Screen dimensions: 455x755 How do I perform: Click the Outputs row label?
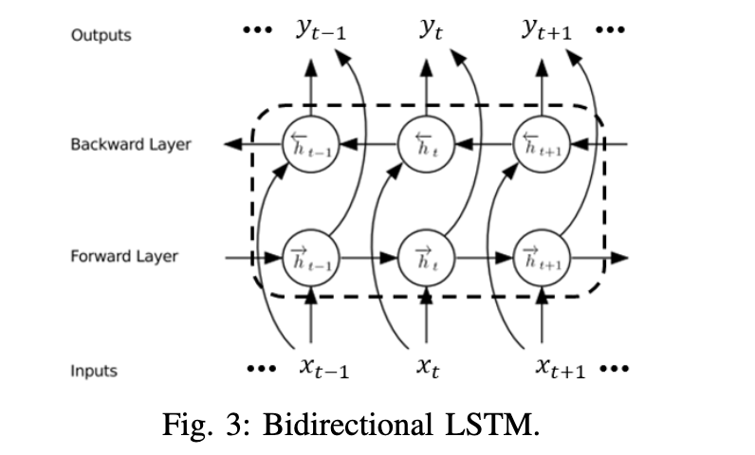[101, 35]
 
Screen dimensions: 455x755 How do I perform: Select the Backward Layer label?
[130, 145]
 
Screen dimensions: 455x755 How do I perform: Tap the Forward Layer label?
[124, 257]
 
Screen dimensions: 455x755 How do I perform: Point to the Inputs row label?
[94, 371]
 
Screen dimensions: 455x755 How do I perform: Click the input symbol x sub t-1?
[319, 369]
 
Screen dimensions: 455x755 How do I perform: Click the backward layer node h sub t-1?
[310, 145]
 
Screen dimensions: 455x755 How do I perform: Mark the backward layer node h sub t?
[426, 145]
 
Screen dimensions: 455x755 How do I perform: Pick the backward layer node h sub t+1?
[542, 145]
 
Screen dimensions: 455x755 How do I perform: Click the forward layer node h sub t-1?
[310, 257]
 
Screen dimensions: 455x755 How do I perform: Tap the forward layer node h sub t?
[426, 257]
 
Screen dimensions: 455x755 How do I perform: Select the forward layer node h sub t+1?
[542, 257]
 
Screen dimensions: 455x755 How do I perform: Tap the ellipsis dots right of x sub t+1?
[613, 370]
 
